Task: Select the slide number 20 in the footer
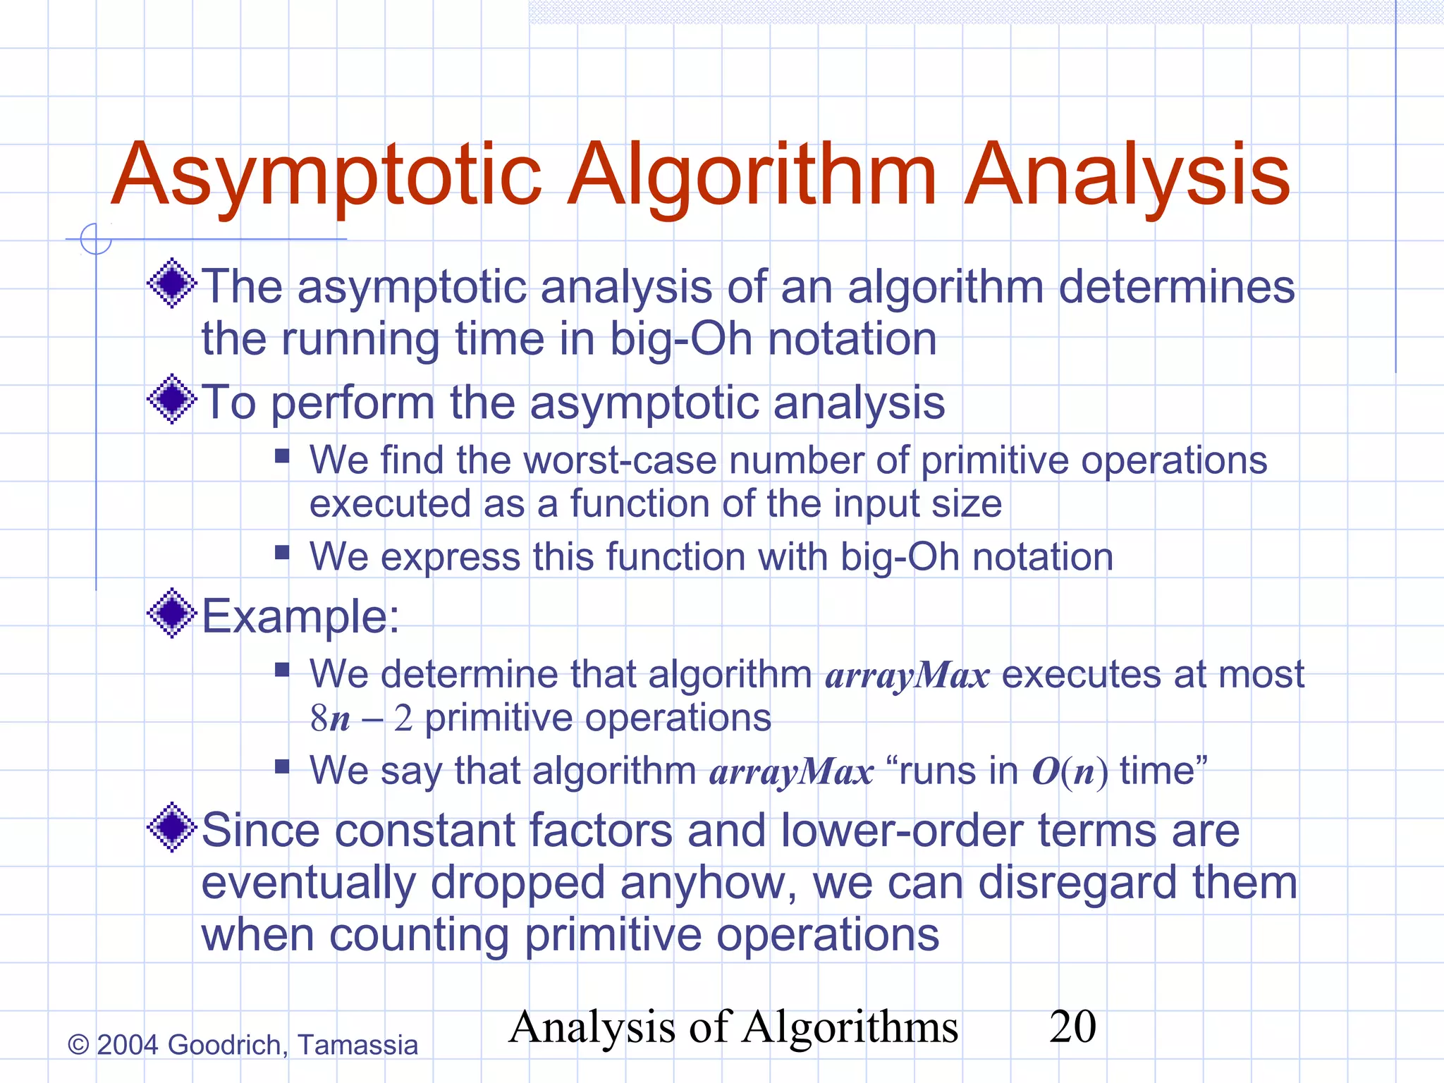[x=1072, y=1027]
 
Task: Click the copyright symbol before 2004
[x=78, y=1045]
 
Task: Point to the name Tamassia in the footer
[x=357, y=1045]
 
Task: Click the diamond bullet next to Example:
[x=171, y=613]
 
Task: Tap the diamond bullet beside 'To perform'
[x=171, y=399]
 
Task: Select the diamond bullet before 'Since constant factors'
[x=171, y=827]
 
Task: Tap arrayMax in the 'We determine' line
[x=907, y=675]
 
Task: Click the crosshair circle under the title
[x=96, y=239]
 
